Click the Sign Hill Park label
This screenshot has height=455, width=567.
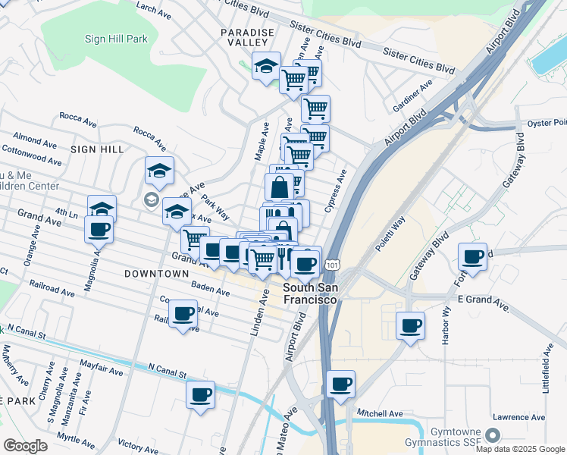point(116,38)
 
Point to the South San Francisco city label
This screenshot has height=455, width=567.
point(310,294)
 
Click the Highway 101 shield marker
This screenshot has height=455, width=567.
point(331,265)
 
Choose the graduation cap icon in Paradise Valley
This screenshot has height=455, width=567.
point(266,67)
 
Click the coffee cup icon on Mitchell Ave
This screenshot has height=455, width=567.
point(341,384)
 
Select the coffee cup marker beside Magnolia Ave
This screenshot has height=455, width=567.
point(99,229)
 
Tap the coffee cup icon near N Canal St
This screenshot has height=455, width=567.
point(200,395)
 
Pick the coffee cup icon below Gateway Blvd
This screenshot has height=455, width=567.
point(411,326)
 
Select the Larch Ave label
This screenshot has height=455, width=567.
point(154,8)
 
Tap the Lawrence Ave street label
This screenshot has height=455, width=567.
point(518,417)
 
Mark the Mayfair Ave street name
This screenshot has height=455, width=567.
point(104,372)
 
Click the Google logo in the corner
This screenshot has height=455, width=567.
point(26,446)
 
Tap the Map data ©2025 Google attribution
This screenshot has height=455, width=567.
point(520,449)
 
